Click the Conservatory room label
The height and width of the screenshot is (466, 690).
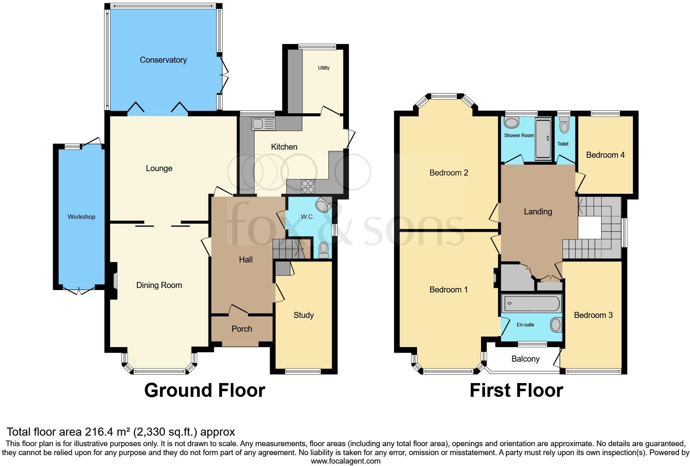[163, 60]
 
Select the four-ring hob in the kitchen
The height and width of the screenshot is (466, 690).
[308, 186]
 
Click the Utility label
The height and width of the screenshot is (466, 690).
[324, 68]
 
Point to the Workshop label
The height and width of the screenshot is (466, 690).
[81, 217]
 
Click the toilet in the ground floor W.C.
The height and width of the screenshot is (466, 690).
[324, 250]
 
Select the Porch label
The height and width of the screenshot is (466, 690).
[242, 329]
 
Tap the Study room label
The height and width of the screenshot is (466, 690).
[303, 315]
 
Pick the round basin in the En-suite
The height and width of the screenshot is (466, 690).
[556, 324]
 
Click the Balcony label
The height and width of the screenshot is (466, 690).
[525, 359]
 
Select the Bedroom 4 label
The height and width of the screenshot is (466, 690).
[605, 155]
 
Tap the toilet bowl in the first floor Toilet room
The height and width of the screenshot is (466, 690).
[563, 127]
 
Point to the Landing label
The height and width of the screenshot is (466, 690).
[538, 212]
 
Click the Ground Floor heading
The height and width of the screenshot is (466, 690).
[204, 390]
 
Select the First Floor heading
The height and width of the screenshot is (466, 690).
[516, 390]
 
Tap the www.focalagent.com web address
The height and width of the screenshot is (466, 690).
[345, 461]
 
